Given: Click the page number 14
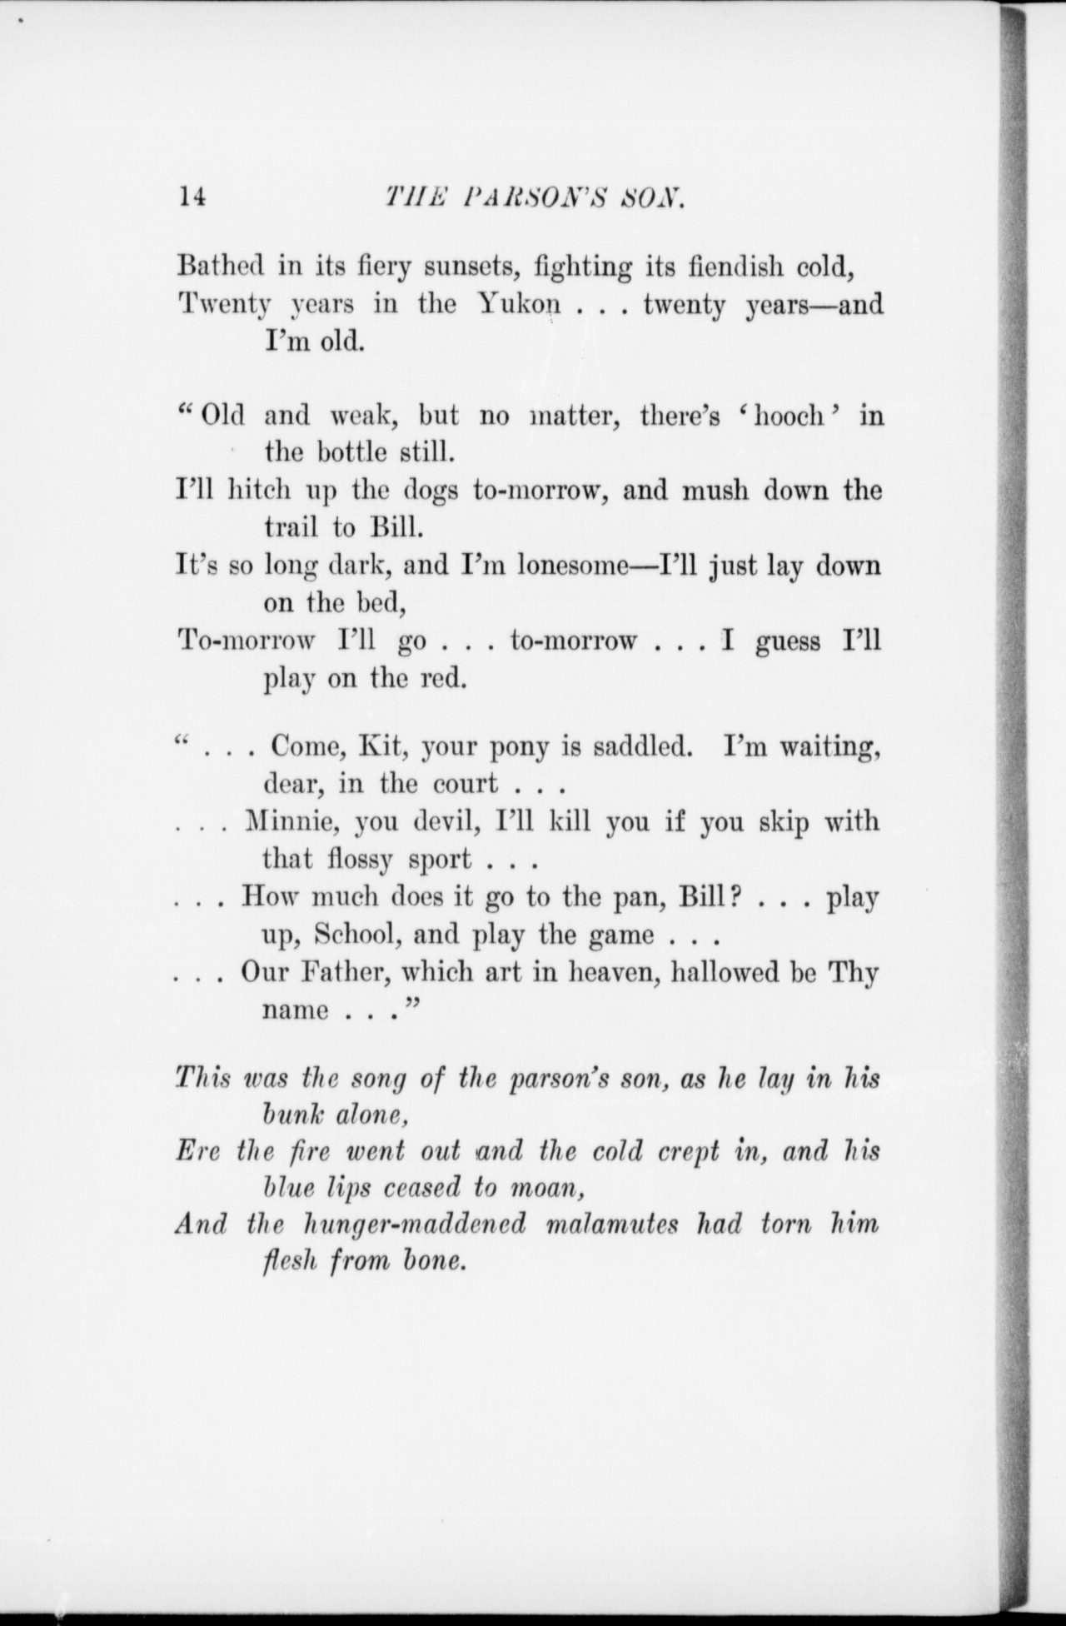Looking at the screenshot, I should (x=191, y=197).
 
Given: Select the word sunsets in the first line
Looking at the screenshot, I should (x=467, y=268).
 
